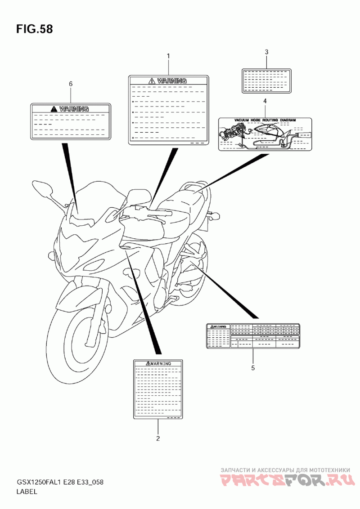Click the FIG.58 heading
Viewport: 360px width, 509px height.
pos(34,30)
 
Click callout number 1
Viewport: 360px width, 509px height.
pos(168,56)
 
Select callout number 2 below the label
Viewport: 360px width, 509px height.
pos(158,438)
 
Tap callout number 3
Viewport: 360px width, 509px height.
pos(266,52)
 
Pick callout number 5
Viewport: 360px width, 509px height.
pos(253,368)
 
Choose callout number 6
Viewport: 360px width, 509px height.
pos(71,84)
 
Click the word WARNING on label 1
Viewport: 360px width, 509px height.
pos(171,81)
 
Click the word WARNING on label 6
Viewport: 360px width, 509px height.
pos(74,108)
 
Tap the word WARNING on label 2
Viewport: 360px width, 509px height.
pos(161,363)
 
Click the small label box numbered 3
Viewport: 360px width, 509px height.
pos(266,80)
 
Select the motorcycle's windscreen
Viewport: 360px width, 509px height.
pos(97,198)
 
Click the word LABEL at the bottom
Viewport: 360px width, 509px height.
pos(27,492)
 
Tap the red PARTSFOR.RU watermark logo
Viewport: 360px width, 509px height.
pos(286,481)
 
